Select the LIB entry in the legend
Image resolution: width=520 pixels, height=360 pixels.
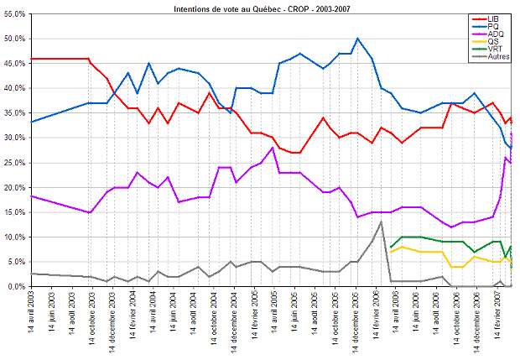tap(501, 18)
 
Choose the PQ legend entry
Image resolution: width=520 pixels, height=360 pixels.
tap(500, 26)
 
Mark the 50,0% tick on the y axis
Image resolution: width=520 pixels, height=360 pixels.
tap(14, 39)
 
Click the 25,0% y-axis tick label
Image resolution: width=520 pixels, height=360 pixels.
tap(14, 163)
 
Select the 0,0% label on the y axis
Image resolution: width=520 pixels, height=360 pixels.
tap(16, 286)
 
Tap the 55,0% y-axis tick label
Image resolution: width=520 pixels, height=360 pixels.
tap(14, 14)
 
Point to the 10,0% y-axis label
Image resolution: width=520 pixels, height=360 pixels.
tap(14, 237)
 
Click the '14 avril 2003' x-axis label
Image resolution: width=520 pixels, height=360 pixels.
tap(32, 319)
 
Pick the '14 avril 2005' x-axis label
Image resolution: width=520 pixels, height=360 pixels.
tap(273, 319)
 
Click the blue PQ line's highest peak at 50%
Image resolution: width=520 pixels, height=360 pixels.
tap(358, 39)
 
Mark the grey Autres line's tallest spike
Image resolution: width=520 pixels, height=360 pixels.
tap(382, 222)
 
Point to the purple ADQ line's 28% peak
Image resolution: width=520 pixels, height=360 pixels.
tap(273, 148)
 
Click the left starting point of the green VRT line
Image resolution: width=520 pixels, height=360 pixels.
tap(391, 247)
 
